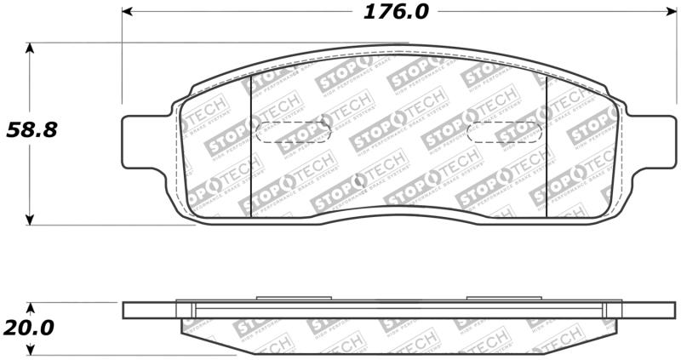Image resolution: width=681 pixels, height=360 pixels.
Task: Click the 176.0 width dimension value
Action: coord(398,13)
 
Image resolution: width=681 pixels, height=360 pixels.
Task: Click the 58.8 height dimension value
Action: coord(31,130)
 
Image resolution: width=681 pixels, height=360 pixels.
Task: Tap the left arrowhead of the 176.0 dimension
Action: coord(128,12)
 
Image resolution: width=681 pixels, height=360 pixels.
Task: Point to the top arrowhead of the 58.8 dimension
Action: coord(31,49)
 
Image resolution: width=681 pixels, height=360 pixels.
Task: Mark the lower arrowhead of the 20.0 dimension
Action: coord(31,349)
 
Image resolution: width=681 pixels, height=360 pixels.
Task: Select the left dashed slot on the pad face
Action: coord(293,133)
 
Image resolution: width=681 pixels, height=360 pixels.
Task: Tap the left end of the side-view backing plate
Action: coord(128,311)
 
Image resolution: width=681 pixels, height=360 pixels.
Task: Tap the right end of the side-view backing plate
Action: coord(664,311)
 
